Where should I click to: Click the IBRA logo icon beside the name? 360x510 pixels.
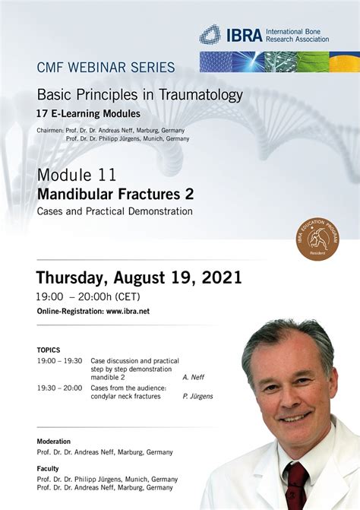pos(210,34)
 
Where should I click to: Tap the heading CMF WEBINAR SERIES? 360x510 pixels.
pos(106,68)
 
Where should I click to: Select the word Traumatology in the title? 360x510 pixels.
pos(201,95)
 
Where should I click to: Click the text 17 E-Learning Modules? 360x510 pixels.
pos(88,113)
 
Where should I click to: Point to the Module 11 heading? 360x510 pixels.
pos(77,175)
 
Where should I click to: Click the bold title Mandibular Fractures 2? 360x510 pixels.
pos(115,194)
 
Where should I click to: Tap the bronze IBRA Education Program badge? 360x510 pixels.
pos(317,239)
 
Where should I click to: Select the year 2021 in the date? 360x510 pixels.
pos(222,277)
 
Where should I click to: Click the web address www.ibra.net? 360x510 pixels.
pos(128,312)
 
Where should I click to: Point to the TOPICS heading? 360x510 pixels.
pos(49,350)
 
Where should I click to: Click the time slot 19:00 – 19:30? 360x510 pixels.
pos(59,361)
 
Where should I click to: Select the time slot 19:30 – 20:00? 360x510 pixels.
pos(59,388)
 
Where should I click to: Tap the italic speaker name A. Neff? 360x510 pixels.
pos(194,377)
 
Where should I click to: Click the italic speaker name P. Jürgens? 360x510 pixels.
pos(197,396)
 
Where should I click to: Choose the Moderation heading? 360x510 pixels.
pos(54,442)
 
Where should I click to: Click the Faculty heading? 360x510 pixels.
pos(48,469)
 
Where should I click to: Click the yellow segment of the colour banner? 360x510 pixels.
pos(345,62)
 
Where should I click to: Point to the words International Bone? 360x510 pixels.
pos(293,32)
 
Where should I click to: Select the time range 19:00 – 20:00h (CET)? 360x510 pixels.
pos(88,296)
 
